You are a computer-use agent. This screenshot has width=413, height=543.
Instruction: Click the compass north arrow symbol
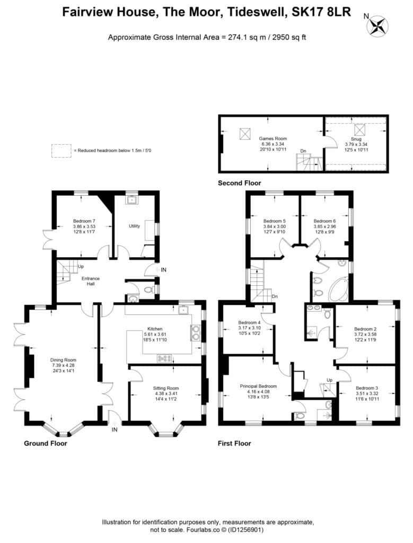click(x=377, y=26)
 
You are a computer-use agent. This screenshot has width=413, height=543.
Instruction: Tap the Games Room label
click(x=273, y=138)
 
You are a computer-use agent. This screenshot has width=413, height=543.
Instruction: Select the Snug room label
click(x=356, y=139)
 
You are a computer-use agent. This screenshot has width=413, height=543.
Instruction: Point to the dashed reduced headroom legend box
click(x=61, y=151)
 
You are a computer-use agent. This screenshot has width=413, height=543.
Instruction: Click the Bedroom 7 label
click(x=84, y=221)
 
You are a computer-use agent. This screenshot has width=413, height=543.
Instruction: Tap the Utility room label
click(x=134, y=226)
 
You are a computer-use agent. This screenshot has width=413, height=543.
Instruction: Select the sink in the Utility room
click(x=131, y=200)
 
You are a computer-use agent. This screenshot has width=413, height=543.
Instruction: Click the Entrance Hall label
click(x=90, y=281)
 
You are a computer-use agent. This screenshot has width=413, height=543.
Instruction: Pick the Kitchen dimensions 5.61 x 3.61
click(x=155, y=334)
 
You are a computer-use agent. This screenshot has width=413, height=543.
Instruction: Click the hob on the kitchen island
click(x=164, y=358)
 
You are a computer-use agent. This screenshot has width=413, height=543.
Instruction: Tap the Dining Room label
click(x=63, y=360)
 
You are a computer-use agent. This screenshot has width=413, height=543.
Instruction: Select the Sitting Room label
click(x=166, y=388)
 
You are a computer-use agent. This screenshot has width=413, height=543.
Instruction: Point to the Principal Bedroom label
click(x=258, y=386)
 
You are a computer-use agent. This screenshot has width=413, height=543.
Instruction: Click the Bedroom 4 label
click(x=249, y=322)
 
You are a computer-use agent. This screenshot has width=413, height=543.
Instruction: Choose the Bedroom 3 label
click(x=367, y=388)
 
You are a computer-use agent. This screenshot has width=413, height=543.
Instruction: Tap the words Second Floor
click(x=239, y=183)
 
